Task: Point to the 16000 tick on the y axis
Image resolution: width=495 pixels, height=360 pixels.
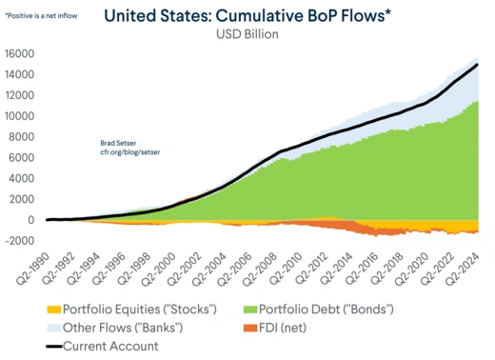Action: [19, 54]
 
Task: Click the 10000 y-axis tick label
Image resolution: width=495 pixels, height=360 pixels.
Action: [19, 116]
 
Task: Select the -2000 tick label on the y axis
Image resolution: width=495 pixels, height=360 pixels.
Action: [19, 240]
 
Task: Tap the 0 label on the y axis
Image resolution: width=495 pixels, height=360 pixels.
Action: [30, 219]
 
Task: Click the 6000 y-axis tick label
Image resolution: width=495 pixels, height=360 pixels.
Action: [22, 157]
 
